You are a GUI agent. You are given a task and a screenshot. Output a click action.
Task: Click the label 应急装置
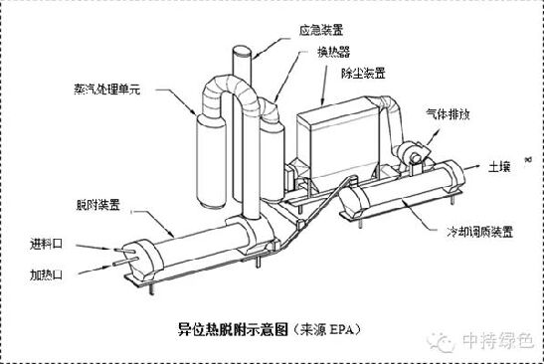[321, 30]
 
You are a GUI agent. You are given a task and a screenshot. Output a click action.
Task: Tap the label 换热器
[334, 52]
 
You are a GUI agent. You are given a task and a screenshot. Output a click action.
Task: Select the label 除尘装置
[363, 74]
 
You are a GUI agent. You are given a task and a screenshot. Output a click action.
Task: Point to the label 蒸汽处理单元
[107, 90]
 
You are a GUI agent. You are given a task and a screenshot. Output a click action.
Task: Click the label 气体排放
[448, 113]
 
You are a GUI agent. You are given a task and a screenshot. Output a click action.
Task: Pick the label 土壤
[499, 167]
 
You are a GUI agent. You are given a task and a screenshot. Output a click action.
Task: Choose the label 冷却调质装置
[479, 232]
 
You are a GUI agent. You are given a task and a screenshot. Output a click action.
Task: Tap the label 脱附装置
[98, 205]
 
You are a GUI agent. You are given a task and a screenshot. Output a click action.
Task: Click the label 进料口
[46, 244]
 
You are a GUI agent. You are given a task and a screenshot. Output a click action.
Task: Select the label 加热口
[46, 274]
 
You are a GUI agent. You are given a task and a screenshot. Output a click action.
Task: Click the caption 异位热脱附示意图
[233, 329]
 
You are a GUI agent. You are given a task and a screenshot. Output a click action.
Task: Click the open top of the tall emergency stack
[242, 52]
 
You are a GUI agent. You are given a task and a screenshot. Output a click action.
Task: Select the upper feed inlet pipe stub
[124, 251]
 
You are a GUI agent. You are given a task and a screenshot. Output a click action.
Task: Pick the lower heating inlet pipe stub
[125, 262]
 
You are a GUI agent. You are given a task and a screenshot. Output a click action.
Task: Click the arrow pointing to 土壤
[472, 167]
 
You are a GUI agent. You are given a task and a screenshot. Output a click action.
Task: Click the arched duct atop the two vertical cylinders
[231, 87]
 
